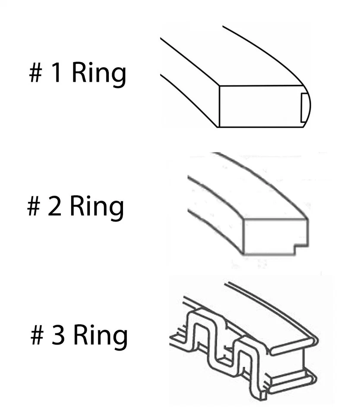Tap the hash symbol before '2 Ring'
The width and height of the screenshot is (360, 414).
(x=34, y=207)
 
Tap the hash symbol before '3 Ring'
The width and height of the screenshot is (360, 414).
(x=38, y=336)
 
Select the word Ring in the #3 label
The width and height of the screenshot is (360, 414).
(x=100, y=335)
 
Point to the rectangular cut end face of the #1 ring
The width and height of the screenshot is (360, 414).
(x=259, y=106)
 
